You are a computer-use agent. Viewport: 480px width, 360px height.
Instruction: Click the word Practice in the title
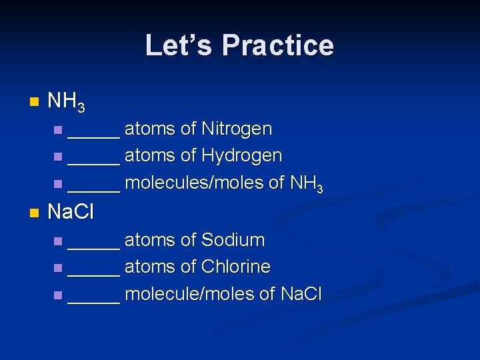277,45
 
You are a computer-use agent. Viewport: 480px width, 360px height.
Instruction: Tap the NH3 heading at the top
67,102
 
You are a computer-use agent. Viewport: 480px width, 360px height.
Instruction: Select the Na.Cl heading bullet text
71,213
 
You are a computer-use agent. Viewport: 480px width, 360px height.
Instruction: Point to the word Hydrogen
241,155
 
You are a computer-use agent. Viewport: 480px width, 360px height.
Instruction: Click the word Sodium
233,240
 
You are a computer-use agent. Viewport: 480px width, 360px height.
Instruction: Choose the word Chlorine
235,267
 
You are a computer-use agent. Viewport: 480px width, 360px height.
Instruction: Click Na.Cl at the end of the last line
301,293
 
